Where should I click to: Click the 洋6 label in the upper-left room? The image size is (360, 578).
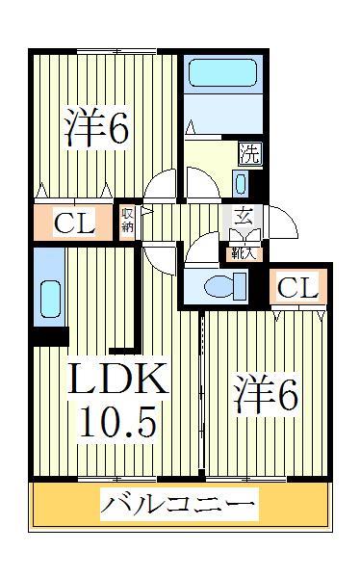point(97,130)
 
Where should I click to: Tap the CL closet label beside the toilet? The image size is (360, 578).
point(298,287)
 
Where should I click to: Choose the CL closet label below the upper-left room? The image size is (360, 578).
point(74,224)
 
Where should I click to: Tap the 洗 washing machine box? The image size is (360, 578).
point(247,153)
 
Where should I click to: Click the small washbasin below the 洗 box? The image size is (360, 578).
point(242,182)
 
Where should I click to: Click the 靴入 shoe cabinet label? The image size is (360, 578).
point(242,254)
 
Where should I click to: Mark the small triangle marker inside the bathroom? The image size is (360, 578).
point(191,128)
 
